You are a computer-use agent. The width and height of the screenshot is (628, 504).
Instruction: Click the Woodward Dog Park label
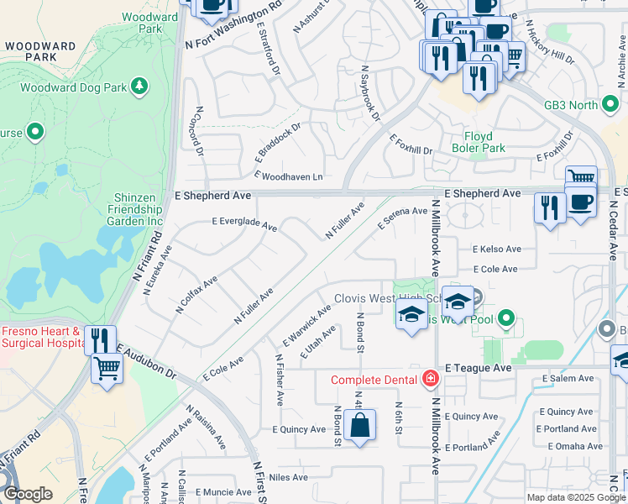tap(71, 86)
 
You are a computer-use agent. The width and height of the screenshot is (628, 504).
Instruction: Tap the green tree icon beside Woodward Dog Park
tap(139, 86)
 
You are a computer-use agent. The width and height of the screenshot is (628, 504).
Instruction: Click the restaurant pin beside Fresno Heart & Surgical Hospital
tap(100, 340)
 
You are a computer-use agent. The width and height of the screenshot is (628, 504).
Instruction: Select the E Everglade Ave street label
tap(244, 224)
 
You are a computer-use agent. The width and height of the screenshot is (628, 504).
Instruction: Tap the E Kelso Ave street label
tap(497, 249)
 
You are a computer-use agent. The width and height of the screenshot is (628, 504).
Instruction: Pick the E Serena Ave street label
tap(402, 218)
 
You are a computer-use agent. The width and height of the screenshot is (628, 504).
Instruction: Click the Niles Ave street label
tap(289, 477)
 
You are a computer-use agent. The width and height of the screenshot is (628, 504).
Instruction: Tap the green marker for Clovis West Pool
tap(505, 318)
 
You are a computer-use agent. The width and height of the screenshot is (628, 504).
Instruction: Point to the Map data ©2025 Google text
tap(576, 497)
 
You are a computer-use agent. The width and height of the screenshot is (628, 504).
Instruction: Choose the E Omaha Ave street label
tap(575, 446)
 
